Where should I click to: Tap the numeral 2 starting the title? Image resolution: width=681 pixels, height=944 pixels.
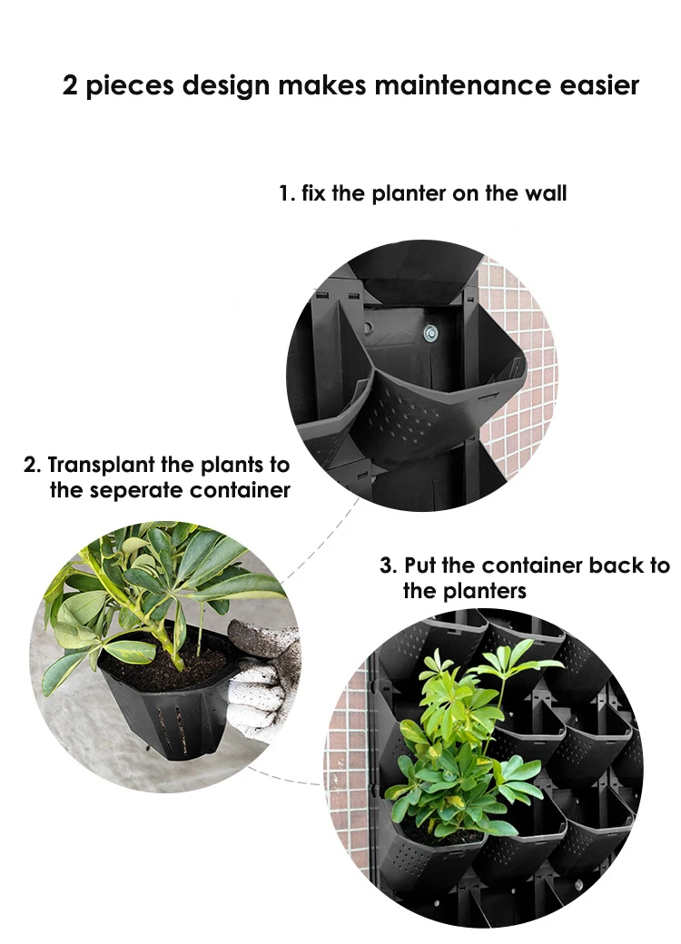click(x=70, y=86)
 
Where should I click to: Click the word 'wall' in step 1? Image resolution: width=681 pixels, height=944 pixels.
click(x=547, y=193)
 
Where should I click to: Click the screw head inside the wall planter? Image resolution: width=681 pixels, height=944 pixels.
click(x=429, y=333)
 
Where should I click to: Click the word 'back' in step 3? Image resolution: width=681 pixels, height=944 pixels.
click(x=617, y=565)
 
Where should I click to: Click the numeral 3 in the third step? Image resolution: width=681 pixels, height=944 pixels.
click(x=386, y=565)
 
